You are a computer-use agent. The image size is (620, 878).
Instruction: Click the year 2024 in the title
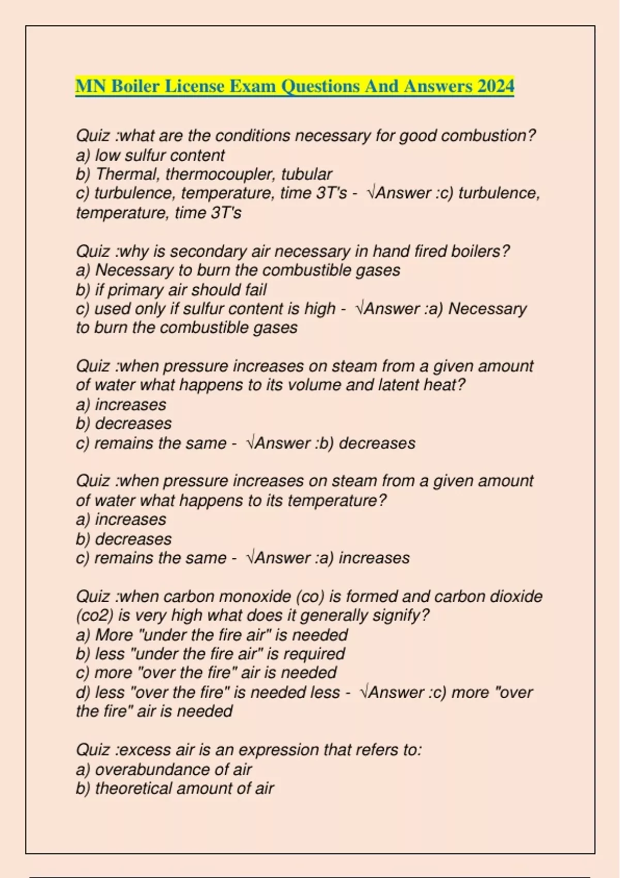click(x=495, y=86)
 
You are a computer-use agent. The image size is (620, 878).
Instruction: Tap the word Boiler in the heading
click(x=135, y=86)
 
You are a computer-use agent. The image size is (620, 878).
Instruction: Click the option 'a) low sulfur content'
click(x=150, y=155)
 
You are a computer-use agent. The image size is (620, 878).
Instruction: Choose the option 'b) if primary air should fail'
click(x=171, y=290)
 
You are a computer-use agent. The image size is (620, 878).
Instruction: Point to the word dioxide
click(x=516, y=597)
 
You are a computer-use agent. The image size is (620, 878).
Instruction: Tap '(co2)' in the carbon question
click(x=94, y=616)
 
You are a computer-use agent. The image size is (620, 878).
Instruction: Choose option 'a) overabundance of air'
click(x=164, y=769)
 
